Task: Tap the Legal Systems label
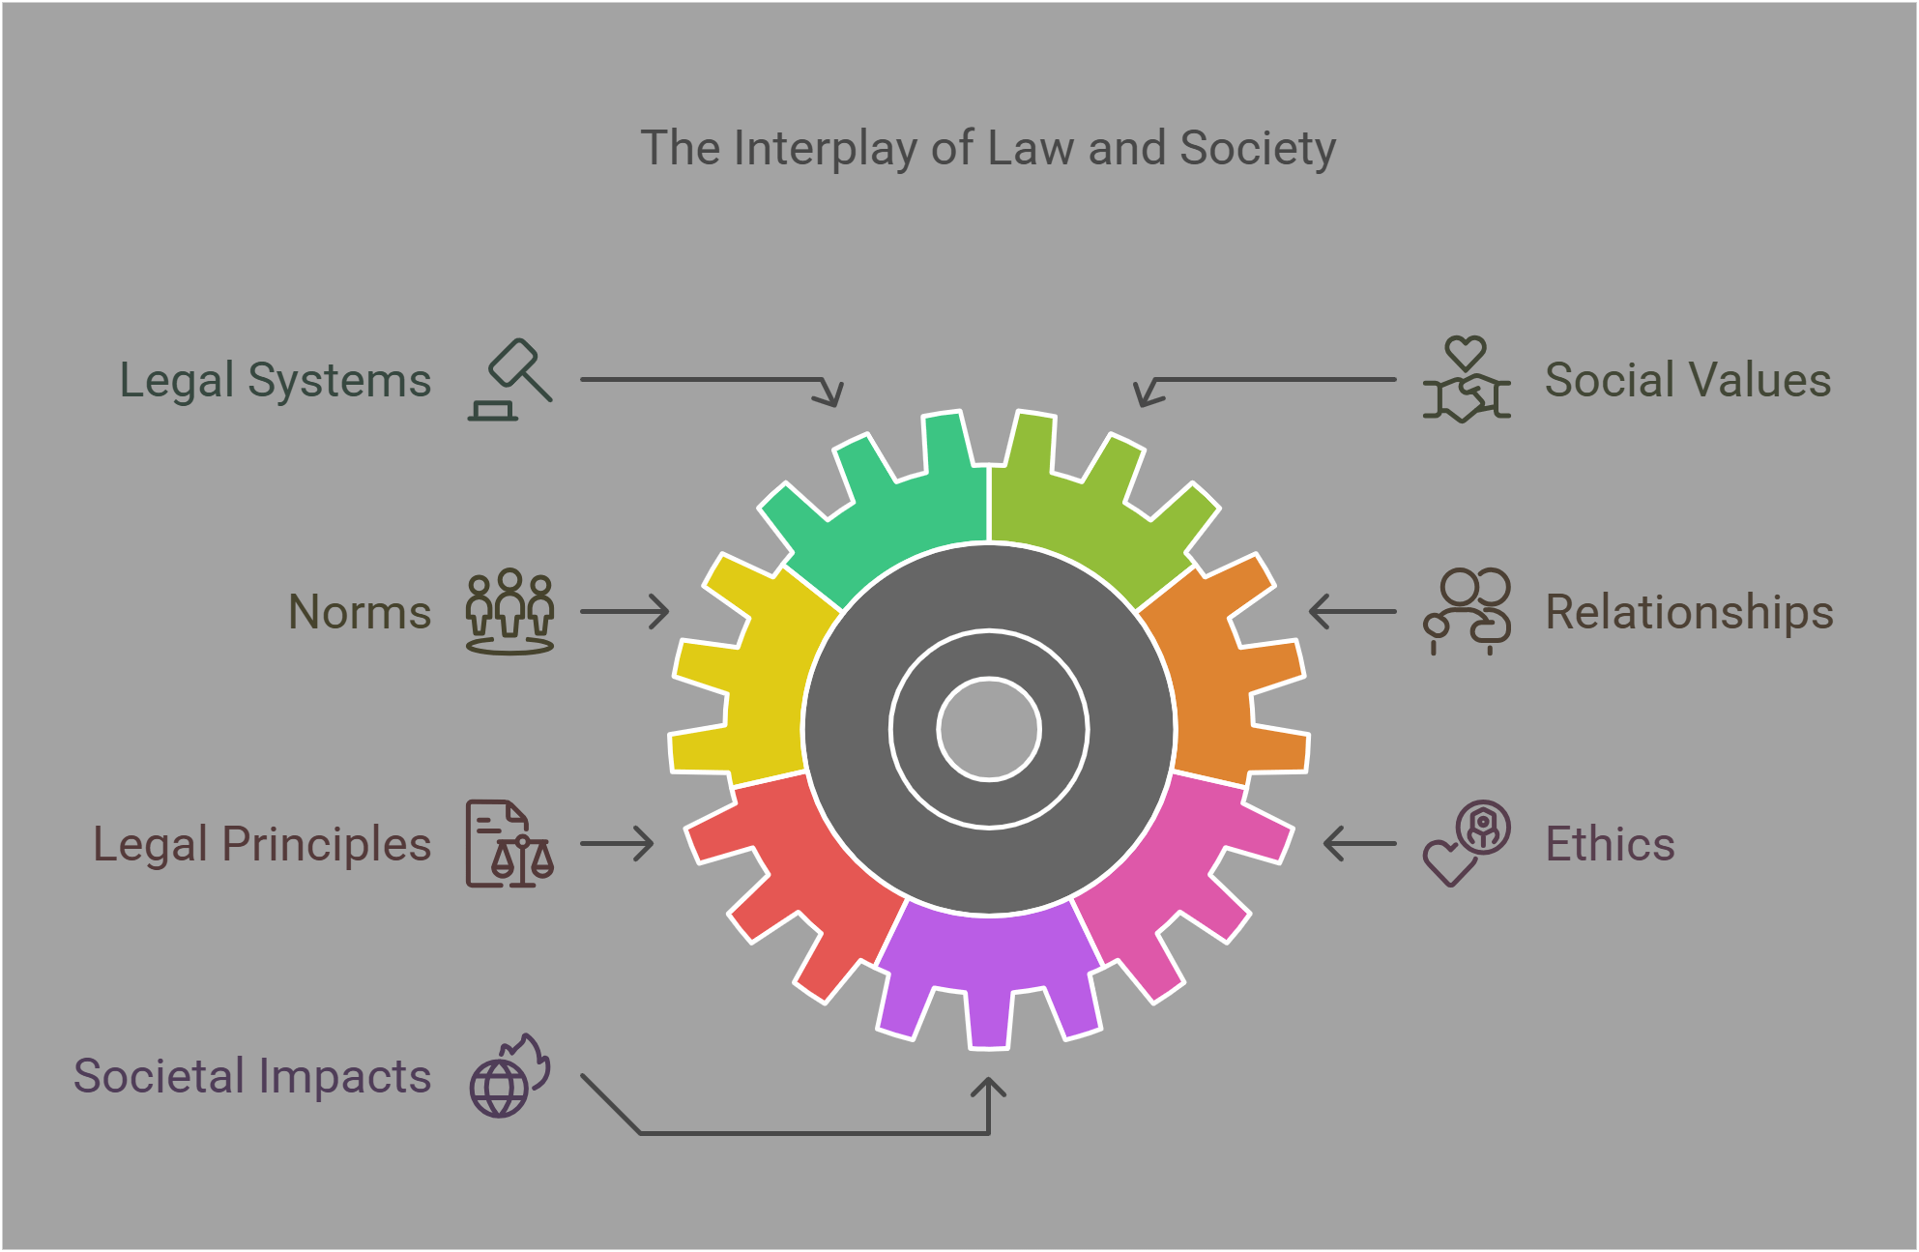pyautogui.click(x=275, y=380)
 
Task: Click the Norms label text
pyautogui.click(x=360, y=612)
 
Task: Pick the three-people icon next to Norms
pyautogui.click(x=509, y=612)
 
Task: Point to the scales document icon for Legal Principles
pyautogui.click(x=509, y=844)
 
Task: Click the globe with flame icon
pyautogui.click(x=509, y=1076)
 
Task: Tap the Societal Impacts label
pyautogui.click(x=252, y=1076)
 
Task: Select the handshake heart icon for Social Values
pyautogui.click(x=1466, y=380)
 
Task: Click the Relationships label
pyautogui.click(x=1689, y=612)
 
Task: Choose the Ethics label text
pyautogui.click(x=1610, y=844)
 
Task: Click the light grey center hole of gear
pyautogui.click(x=988, y=729)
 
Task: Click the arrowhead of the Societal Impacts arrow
pyautogui.click(x=988, y=1087)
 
